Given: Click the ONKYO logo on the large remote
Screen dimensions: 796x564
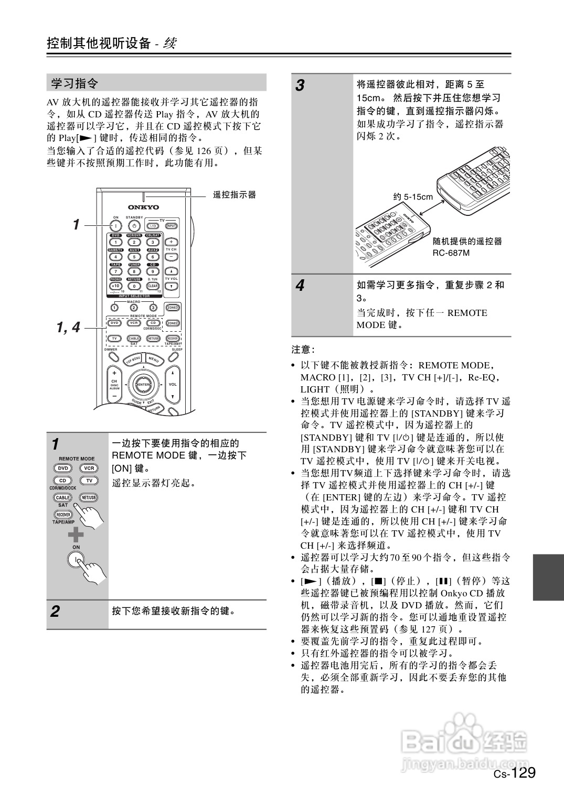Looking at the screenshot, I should (x=143, y=207).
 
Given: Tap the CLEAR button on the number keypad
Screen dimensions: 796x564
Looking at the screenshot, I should (x=153, y=286).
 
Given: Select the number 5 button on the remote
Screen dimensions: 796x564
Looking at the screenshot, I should (x=134, y=257).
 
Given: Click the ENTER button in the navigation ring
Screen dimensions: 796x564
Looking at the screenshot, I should (x=143, y=385).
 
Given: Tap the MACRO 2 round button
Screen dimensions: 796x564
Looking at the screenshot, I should (x=134, y=308).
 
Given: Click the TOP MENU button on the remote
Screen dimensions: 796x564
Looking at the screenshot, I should (x=133, y=360).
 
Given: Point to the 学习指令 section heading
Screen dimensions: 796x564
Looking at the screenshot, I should (x=75, y=83).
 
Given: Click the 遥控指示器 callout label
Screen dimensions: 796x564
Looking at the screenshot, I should (x=235, y=195).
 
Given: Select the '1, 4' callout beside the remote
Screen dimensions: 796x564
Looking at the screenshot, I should (x=68, y=328).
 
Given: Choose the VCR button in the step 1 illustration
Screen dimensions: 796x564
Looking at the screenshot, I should (x=89, y=468).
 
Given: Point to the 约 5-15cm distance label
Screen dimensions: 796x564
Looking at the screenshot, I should (x=413, y=197).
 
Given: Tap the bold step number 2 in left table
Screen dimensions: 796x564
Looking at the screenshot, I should (x=55, y=612).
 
